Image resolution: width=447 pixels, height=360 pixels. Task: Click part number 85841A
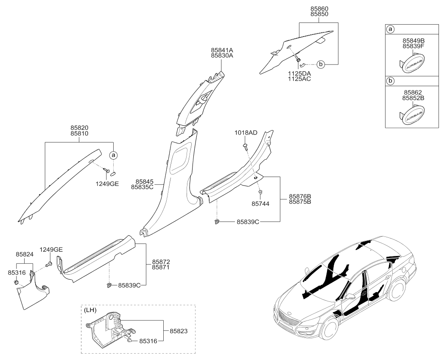(222, 49)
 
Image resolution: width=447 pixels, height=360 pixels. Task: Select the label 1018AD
(246, 133)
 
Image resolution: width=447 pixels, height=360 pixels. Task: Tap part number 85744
(261, 204)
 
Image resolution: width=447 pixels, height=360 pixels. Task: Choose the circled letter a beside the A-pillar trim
(114, 155)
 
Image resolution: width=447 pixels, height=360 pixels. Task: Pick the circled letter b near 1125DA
(321, 65)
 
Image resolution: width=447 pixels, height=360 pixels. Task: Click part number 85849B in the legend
(413, 41)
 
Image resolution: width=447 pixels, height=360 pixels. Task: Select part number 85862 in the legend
(413, 92)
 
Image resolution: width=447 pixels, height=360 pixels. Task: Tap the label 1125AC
(299, 79)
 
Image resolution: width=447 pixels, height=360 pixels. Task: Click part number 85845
(142, 181)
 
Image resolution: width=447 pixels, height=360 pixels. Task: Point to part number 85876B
(300, 196)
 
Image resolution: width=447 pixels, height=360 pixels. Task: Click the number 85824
(25, 254)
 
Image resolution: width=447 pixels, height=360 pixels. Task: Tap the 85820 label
(80, 127)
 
